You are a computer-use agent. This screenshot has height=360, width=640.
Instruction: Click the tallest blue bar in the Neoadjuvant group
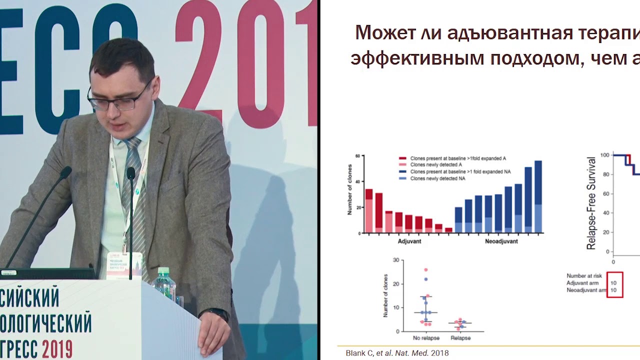click(x=538, y=196)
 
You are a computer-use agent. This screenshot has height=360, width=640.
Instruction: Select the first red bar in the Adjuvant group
click(x=369, y=210)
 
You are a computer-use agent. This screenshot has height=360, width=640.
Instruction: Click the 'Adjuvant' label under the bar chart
click(x=409, y=241)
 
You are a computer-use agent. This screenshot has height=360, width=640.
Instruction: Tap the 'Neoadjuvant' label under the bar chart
click(x=501, y=241)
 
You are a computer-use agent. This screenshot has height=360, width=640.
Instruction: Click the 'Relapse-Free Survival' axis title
click(x=591, y=203)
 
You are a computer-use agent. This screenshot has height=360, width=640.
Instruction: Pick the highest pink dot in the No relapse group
click(x=426, y=270)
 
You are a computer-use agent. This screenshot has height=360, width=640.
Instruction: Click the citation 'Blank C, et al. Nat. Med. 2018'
click(x=397, y=353)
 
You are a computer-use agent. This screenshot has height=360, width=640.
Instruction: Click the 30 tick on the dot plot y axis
click(x=396, y=260)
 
